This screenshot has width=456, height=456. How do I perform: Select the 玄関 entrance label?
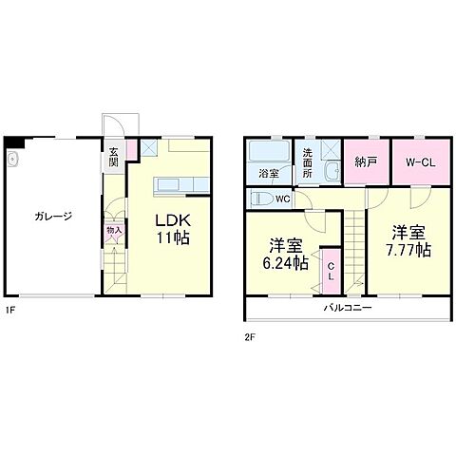coord(113,156)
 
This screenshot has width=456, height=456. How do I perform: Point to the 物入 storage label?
coord(113,229)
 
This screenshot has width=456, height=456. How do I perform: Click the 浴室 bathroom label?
coord(269,173)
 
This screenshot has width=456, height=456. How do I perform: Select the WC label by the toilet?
coord(282,199)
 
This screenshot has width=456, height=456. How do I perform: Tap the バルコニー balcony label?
coord(347,309)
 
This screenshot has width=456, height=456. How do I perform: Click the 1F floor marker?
coord(9,310)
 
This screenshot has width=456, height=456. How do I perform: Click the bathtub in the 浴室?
coord(269,153)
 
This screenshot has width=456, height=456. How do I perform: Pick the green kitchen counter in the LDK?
coord(171,184)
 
